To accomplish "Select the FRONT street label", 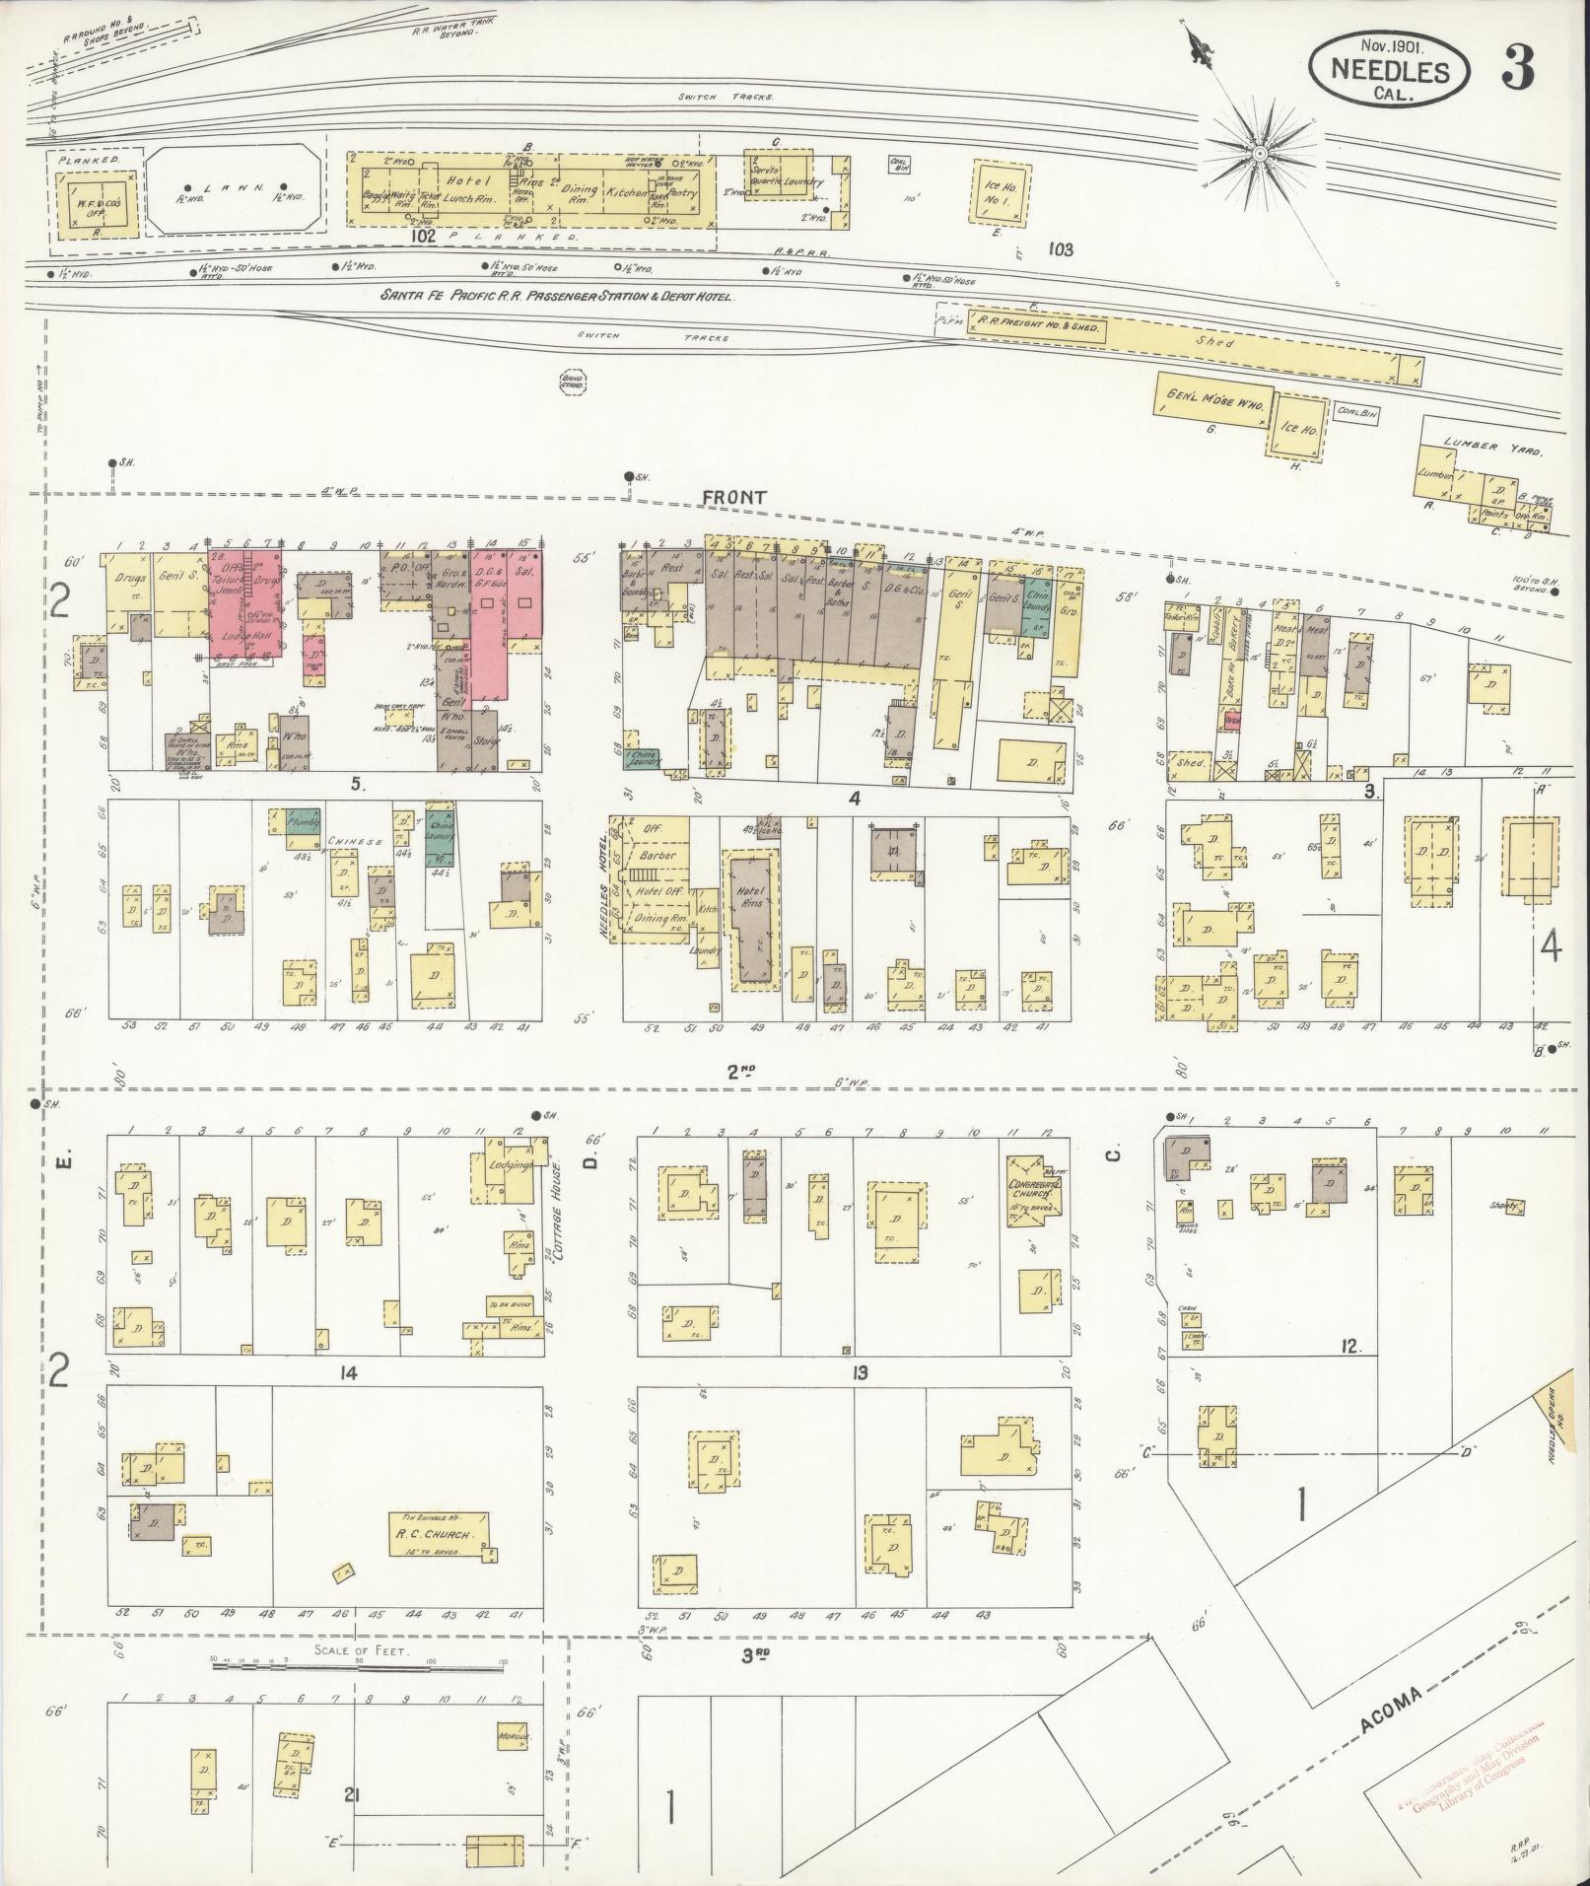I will click(734, 499).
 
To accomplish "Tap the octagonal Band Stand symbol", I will click(571, 382).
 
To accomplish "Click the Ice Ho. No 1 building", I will click(1002, 191).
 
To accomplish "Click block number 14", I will click(347, 1373).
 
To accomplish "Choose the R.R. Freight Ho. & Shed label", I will click(1037, 324).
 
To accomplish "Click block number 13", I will click(861, 1373).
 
